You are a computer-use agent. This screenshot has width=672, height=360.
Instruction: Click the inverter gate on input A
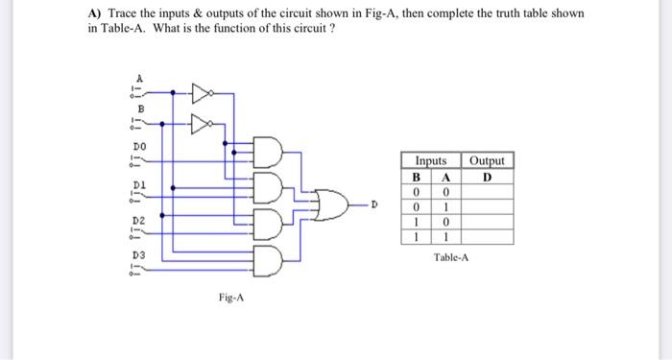click(200, 93)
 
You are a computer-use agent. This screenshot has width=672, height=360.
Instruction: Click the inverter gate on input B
click(200, 123)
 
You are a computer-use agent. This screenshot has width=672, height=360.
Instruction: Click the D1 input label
click(138, 180)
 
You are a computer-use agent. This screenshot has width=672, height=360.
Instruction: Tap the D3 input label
click(138, 254)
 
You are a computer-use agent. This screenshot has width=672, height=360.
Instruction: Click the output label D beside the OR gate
click(374, 204)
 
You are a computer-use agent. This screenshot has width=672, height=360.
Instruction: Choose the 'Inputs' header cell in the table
click(431, 161)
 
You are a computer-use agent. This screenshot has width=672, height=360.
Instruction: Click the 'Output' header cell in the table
click(487, 161)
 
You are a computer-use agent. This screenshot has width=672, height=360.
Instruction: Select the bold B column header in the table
click(416, 177)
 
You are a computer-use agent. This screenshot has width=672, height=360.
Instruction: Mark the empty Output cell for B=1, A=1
click(487, 235)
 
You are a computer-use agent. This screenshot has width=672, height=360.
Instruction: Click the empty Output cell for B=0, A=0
click(487, 191)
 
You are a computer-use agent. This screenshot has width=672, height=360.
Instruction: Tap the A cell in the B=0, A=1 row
click(445, 205)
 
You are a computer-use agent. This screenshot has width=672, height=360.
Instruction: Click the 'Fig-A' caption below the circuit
click(231, 298)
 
